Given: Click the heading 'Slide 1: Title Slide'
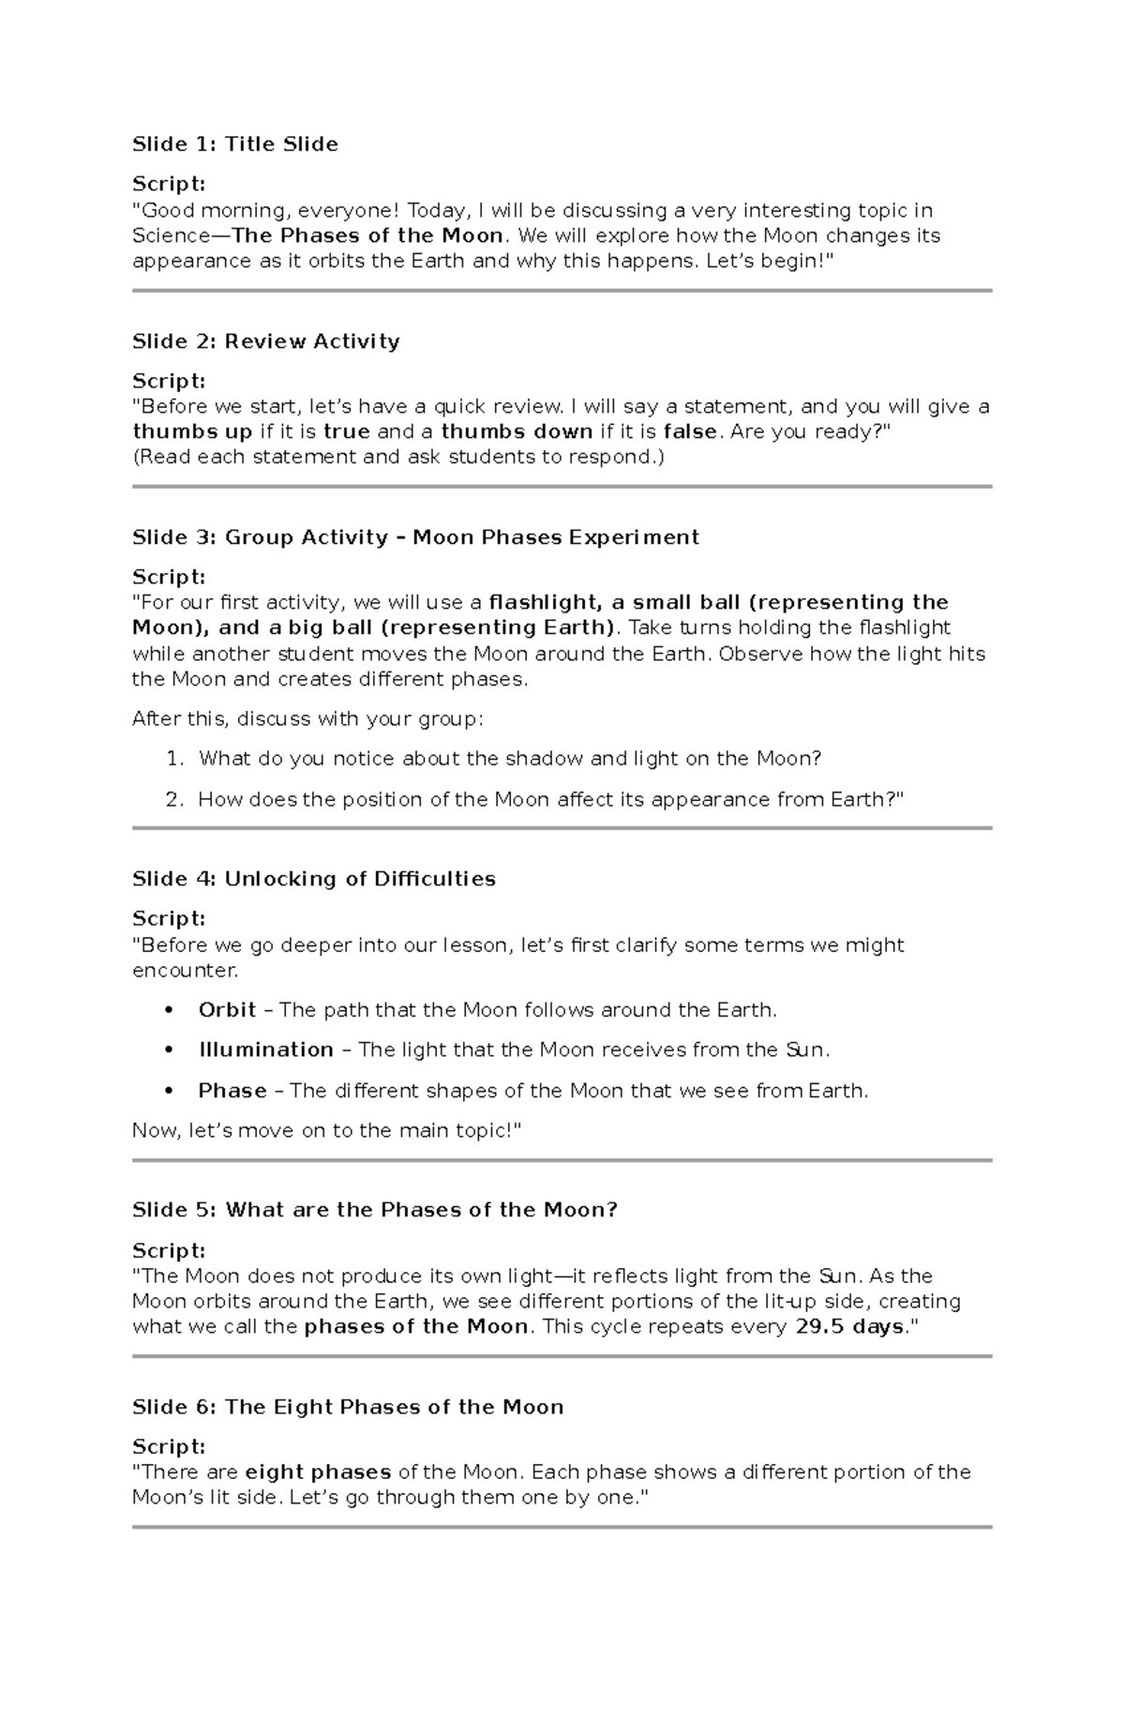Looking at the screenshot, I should pyautogui.click(x=234, y=144).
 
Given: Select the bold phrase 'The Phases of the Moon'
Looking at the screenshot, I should pyautogui.click(x=367, y=235).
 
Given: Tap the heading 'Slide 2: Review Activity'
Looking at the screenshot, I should pyautogui.click(x=265, y=341).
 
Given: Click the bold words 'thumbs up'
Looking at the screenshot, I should pyautogui.click(x=192, y=432).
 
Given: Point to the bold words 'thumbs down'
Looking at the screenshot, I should pyautogui.click(x=517, y=432).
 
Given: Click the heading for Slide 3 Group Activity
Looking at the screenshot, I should pyautogui.click(x=415, y=537).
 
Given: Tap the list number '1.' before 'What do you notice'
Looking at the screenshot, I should pyautogui.click(x=175, y=759).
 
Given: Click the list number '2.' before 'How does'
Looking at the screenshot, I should pyautogui.click(x=175, y=800).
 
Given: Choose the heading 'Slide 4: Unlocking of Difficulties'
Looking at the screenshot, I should pyautogui.click(x=313, y=879).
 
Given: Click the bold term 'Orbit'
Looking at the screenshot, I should pyautogui.click(x=227, y=1010).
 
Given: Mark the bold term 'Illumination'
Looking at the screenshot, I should pyautogui.click(x=265, y=1050).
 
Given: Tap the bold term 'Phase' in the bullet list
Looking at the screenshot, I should pyautogui.click(x=232, y=1091).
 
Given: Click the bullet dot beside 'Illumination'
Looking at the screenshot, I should pyautogui.click(x=169, y=1050).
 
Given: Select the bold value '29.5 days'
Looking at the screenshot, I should pyautogui.click(x=849, y=1327).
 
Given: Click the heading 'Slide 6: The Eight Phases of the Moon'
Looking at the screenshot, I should pyautogui.click(x=348, y=1407).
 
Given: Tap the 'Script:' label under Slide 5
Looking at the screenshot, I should pyautogui.click(x=169, y=1250).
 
